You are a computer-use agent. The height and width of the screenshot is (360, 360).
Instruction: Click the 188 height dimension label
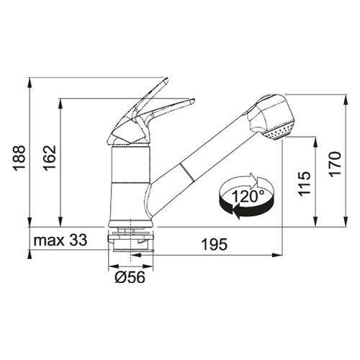[x=19, y=158]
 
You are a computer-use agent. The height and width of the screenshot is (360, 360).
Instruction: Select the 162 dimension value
[x=50, y=158]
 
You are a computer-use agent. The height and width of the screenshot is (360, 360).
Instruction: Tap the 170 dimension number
[x=335, y=164]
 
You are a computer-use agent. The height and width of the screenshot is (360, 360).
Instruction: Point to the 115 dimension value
[x=305, y=184]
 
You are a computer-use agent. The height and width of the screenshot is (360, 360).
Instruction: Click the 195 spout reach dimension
[x=215, y=245]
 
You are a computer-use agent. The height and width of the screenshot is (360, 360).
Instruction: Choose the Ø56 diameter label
[x=130, y=277]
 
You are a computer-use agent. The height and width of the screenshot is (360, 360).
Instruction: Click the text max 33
[x=60, y=240]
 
